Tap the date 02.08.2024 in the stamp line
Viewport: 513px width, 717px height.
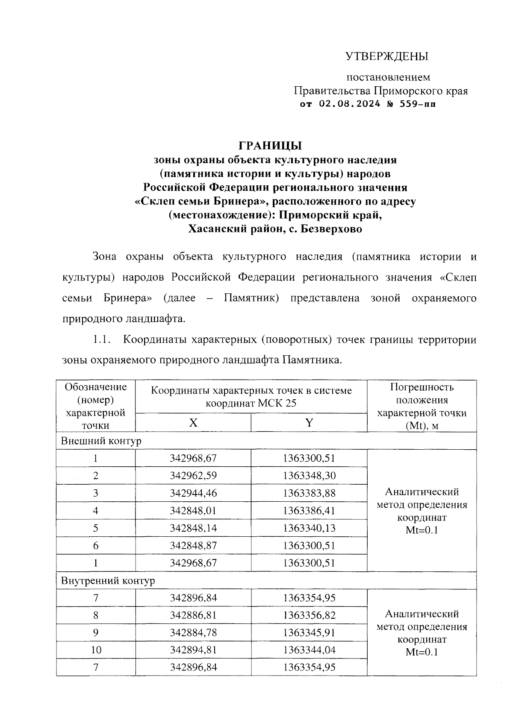point(349,104)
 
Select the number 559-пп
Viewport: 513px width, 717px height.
point(417,104)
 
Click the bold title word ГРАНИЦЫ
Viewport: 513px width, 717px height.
point(270,146)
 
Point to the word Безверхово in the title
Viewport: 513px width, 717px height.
point(331,229)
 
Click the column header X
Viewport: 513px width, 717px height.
point(193,423)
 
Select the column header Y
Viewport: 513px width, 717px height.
point(309,423)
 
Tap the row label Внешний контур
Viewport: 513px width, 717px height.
point(101,441)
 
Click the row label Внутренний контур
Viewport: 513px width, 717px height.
point(108,580)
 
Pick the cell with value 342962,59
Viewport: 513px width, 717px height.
point(193,476)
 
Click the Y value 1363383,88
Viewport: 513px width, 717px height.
point(309,493)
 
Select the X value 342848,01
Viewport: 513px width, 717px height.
point(193,511)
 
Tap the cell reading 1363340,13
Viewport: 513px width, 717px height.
point(309,528)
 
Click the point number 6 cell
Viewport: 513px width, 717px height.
point(96,546)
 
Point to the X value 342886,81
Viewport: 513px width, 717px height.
point(193,615)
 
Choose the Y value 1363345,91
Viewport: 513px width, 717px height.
point(309,632)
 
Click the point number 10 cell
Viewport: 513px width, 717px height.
point(96,650)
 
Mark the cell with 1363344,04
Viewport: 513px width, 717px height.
point(309,650)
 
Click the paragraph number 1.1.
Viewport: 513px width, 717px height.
point(102,340)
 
